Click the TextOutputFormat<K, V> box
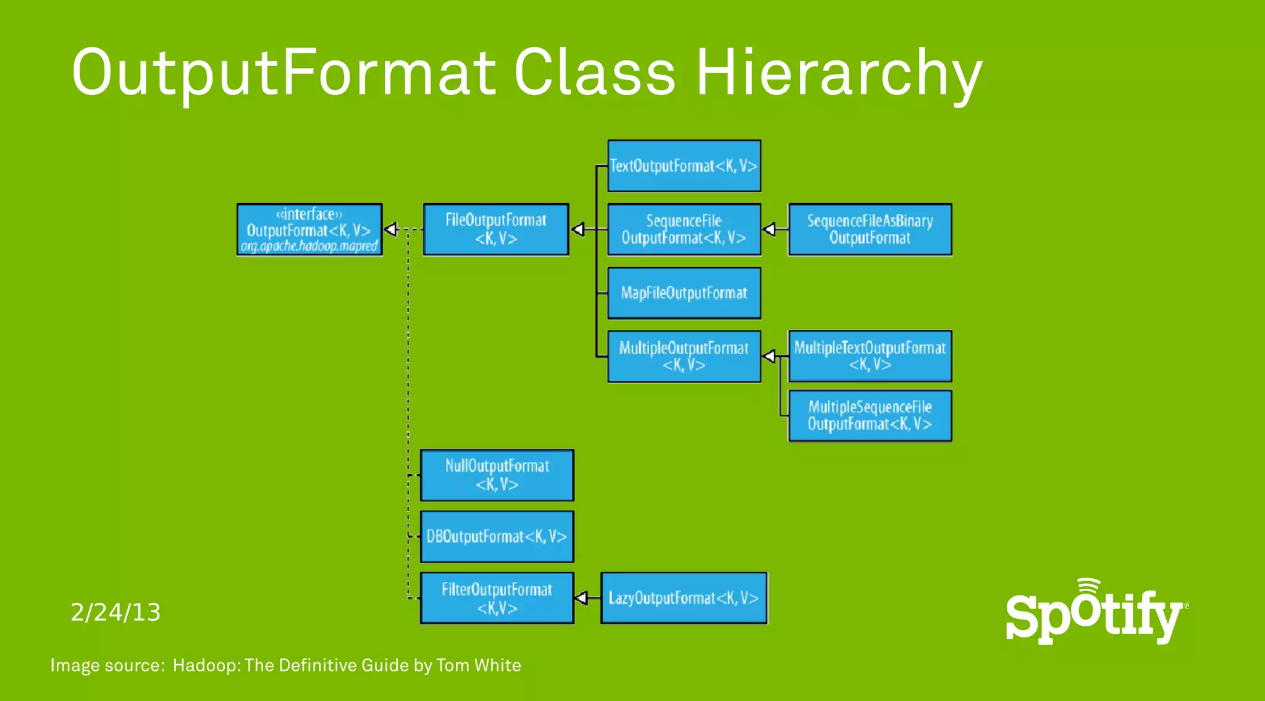[684, 166]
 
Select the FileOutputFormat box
[496, 230]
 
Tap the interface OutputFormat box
[309, 230]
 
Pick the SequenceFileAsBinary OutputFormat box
[870, 230]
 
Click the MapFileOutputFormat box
[684, 293]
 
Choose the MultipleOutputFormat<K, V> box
[684, 357]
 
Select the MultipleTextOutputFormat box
[870, 356]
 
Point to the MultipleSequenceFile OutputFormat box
[870, 415]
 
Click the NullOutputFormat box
[497, 475]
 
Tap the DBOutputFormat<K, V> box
[497, 536]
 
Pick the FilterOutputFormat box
[497, 598]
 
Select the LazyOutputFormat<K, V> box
[684, 598]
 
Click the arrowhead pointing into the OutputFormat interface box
[391, 230]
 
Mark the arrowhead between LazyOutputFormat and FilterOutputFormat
[581, 598]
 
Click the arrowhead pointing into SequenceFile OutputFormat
[769, 230]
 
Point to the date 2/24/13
[116, 612]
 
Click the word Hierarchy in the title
[839, 73]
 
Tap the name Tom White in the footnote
[478, 665]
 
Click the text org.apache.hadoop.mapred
[309, 246]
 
